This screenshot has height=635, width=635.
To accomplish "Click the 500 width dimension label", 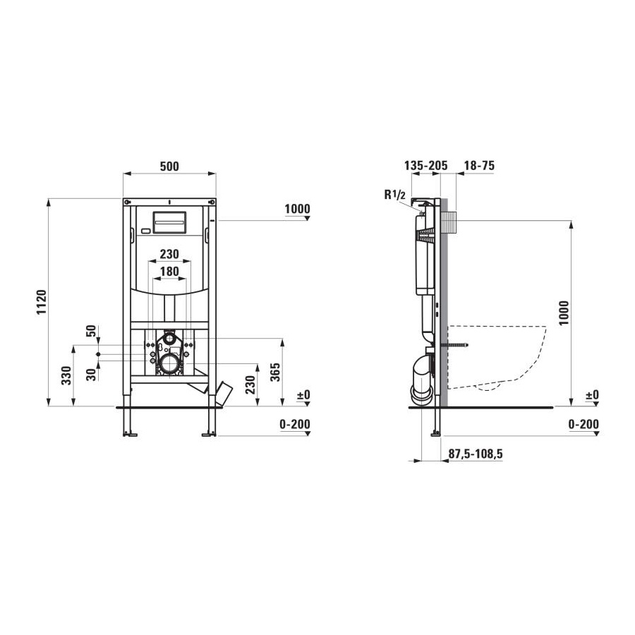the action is tap(169, 166).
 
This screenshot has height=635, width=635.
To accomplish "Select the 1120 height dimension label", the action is tap(42, 302).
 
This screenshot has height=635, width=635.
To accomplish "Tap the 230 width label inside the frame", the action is tap(169, 254).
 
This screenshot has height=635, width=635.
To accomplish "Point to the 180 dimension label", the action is tap(169, 272).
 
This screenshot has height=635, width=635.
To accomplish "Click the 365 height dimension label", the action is tap(275, 372).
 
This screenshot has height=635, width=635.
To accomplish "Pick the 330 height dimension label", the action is tap(66, 375).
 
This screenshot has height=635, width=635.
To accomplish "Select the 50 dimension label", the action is tap(92, 330).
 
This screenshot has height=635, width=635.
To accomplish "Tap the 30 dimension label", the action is tap(92, 375).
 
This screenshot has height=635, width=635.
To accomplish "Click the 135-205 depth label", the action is tap(426, 165).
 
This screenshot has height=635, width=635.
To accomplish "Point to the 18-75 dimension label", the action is tap(480, 165).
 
